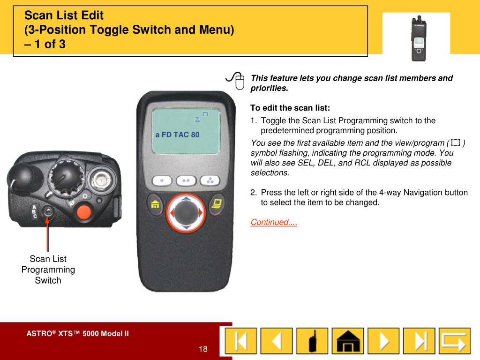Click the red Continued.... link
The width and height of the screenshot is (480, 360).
pos(274,222)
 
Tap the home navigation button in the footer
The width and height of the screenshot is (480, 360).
pos(348,341)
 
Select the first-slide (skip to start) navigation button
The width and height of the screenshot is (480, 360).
pos(241,341)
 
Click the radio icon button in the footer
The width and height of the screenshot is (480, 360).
pos(312,341)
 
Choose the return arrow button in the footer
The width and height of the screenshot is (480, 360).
pos(455,341)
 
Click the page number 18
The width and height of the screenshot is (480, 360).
pos(203,349)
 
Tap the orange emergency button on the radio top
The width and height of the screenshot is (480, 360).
pos(83,212)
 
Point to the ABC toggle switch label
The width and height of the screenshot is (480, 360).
pos(35,211)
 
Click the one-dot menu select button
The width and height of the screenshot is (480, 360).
pos(162,180)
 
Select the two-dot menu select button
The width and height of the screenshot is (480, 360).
pos(186,180)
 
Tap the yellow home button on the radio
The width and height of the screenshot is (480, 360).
pos(155,204)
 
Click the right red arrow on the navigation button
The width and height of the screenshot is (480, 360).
pos(201,212)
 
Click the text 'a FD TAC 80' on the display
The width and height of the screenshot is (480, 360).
pos(177,135)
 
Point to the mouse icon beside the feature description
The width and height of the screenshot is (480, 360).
pos(235,80)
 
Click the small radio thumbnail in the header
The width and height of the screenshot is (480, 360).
pos(419,38)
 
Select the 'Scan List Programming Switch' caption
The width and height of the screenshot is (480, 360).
pos(48,270)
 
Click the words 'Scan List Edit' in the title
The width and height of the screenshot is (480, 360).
pos(64,15)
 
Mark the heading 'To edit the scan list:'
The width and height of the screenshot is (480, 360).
pos(290,108)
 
